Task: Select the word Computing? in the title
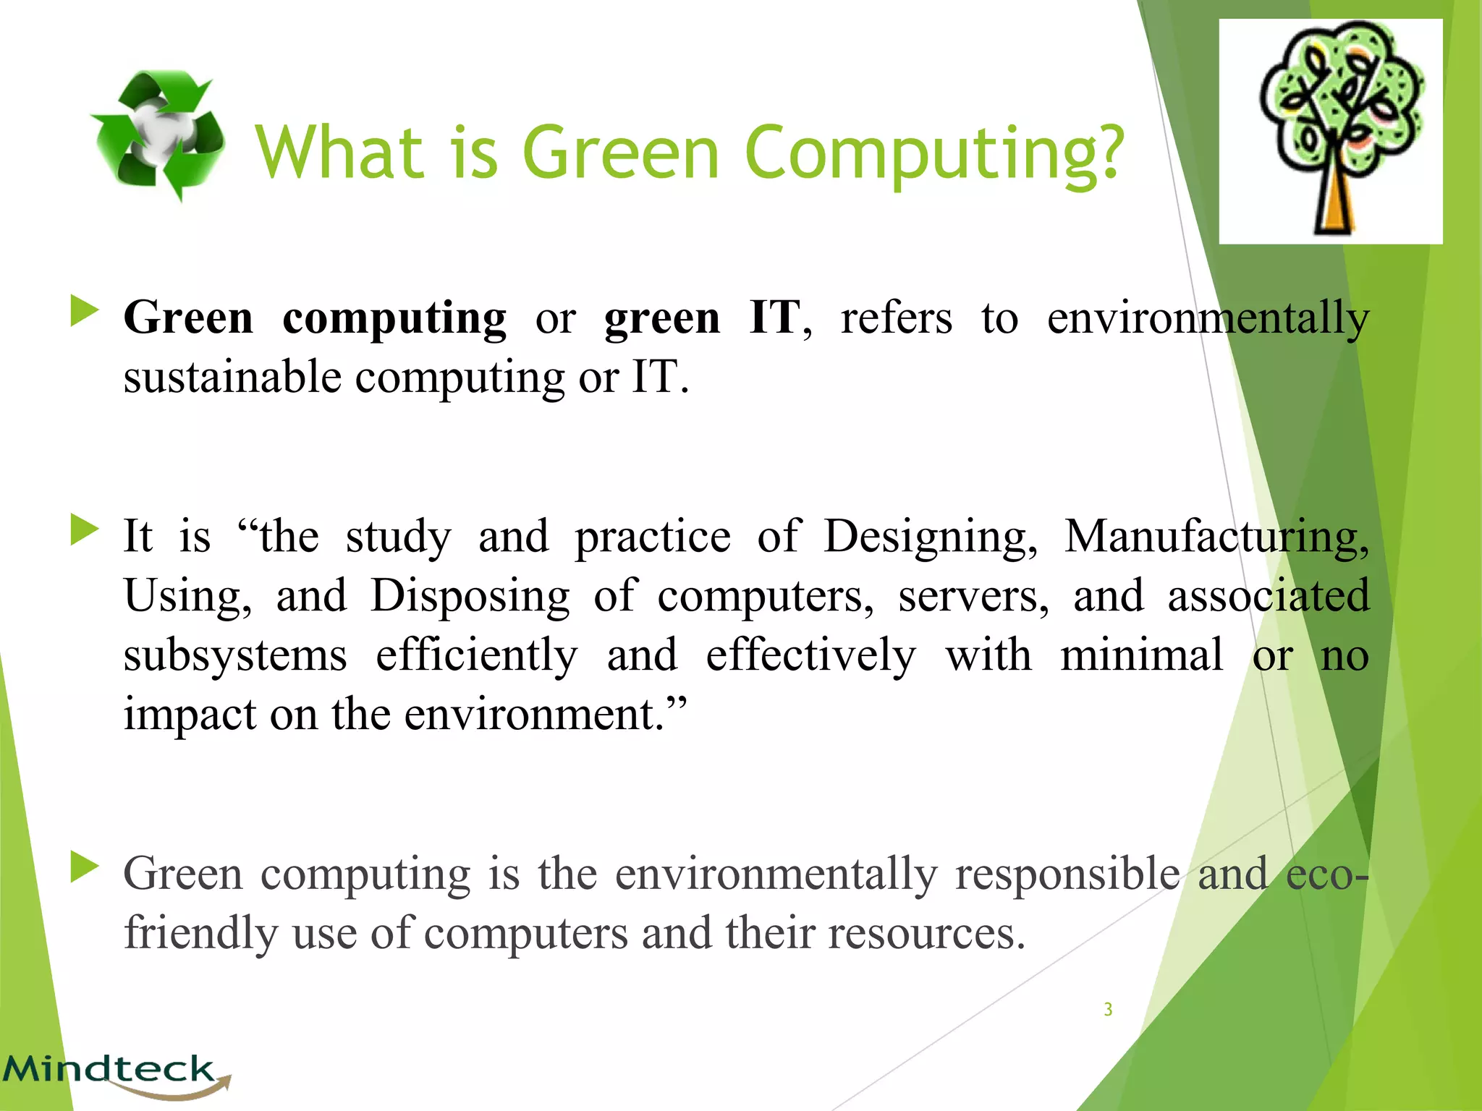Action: pyautogui.click(x=934, y=153)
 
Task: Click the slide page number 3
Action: pyautogui.click(x=1108, y=1010)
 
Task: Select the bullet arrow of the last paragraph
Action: pyautogui.click(x=84, y=867)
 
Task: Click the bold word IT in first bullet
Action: pyautogui.click(x=774, y=318)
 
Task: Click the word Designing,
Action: pyautogui.click(x=931, y=537)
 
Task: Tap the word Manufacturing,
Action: pyautogui.click(x=1216, y=537)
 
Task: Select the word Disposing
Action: pyautogui.click(x=470, y=597)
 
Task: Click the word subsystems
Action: pyautogui.click(x=235, y=656)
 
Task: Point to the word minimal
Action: pyautogui.click(x=1142, y=655)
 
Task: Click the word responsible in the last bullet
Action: pyautogui.click(x=1067, y=874)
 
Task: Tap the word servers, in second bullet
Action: pyautogui.click(x=973, y=597)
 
